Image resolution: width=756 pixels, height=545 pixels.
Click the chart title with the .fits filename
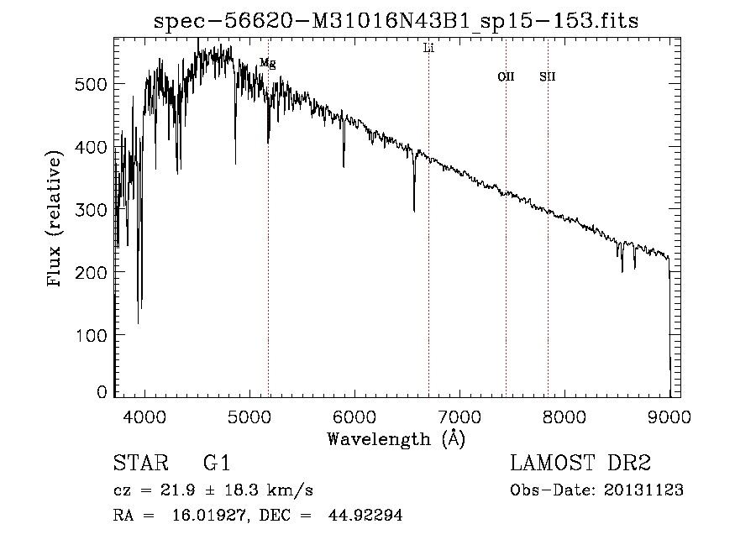click(x=397, y=21)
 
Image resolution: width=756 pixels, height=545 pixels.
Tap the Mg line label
click(x=267, y=63)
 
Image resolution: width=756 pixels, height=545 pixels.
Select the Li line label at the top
click(x=428, y=49)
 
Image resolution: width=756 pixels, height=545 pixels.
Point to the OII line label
click(x=506, y=77)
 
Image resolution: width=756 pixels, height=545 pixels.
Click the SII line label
click(x=548, y=77)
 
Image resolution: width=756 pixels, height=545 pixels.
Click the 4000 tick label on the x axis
click(x=144, y=416)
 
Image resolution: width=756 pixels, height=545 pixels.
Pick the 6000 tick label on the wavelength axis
click(x=354, y=416)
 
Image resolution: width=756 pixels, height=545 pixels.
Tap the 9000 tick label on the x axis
click(x=669, y=416)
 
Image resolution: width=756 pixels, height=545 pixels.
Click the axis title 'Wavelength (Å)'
click(x=396, y=438)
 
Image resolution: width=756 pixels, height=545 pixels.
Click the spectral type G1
click(x=216, y=464)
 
